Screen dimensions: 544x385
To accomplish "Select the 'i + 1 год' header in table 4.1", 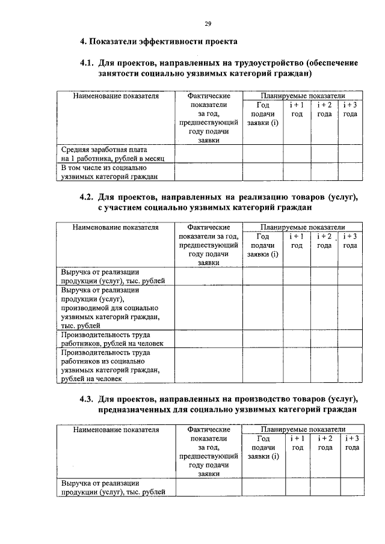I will click(x=297, y=109).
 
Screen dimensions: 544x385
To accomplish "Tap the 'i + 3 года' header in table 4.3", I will click(x=352, y=443).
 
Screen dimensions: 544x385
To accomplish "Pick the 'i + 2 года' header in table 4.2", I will click(x=325, y=241).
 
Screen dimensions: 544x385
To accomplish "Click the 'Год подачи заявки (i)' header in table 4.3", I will click(x=263, y=448).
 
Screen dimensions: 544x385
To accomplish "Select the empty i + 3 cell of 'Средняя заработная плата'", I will click(x=352, y=153).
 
